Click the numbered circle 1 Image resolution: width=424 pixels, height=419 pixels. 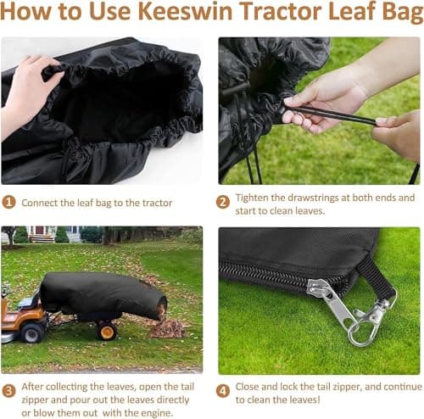(8, 203)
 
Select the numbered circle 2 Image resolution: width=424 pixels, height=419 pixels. (224, 203)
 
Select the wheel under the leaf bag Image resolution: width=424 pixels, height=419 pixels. (107, 330)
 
